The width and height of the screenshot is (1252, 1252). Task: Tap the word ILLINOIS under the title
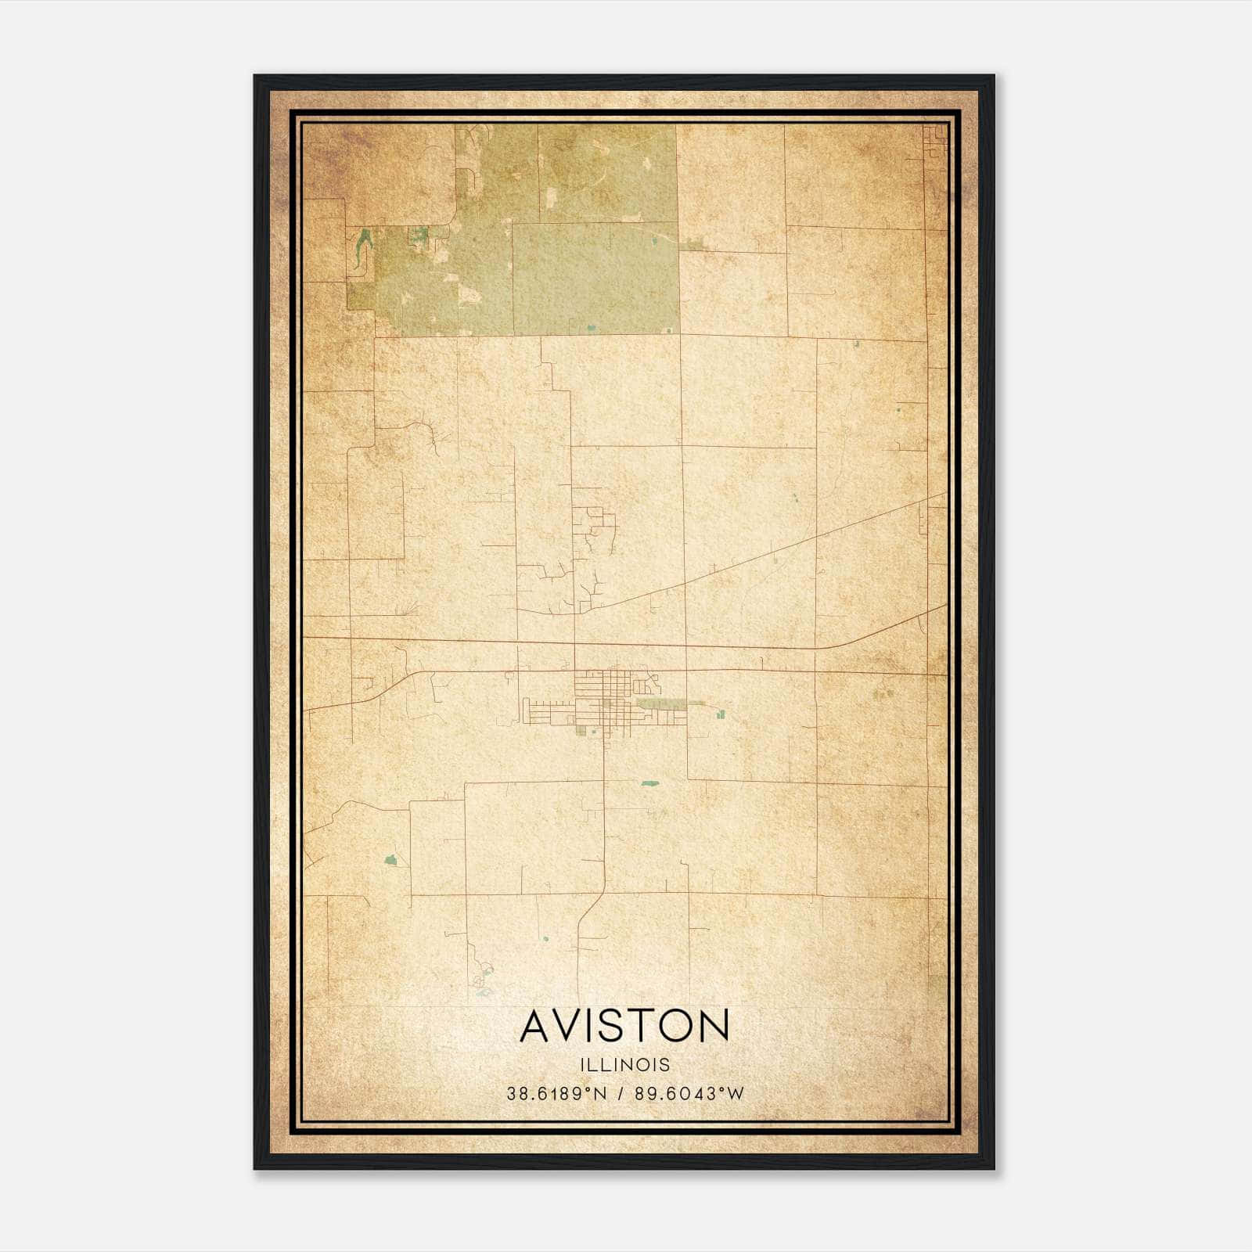pos(624,1064)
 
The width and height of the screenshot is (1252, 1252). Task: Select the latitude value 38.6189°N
pos(556,1094)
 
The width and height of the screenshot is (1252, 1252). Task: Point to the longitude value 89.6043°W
pos(688,1094)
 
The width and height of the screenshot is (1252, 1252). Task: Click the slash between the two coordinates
pos(620,1094)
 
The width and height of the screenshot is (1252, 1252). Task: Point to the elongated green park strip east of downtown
pos(662,705)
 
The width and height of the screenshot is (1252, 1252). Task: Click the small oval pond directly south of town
pos(648,782)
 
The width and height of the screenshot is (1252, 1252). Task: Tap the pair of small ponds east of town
pos(719,712)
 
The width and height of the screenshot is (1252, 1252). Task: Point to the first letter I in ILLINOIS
pos(582,1064)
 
